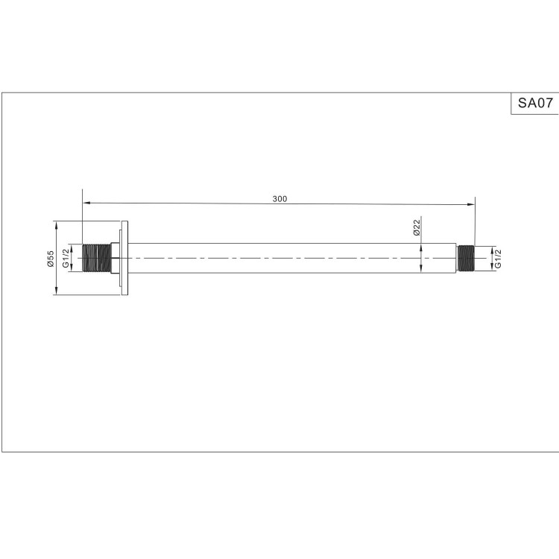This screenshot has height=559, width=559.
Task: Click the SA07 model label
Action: (535, 103)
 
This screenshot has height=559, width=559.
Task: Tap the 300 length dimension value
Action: (279, 199)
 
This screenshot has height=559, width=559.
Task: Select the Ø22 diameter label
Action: (417, 227)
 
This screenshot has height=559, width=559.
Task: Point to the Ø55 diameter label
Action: (50, 259)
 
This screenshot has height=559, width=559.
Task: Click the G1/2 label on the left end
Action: (66, 258)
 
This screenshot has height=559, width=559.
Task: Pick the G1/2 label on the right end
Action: (498, 259)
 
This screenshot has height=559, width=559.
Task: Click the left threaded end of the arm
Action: (96, 258)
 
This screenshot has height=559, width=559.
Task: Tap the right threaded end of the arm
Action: (465, 258)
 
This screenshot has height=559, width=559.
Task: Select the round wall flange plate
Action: (124, 258)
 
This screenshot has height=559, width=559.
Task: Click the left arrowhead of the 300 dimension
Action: (86, 203)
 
